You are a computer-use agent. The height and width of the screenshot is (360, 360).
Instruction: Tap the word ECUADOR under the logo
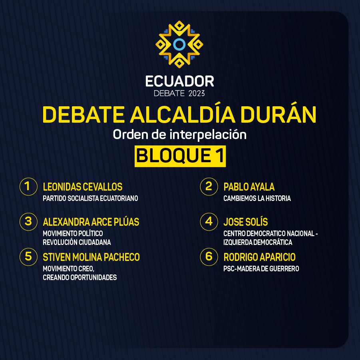pos(179,81)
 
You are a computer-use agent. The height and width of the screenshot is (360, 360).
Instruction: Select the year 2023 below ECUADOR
pos(196,93)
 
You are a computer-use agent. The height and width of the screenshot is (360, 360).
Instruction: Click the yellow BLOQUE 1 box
pos(180,156)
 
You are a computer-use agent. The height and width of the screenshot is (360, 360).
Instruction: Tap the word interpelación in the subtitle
pos(208,135)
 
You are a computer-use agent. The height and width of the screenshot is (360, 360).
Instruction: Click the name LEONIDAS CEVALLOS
pos(83,187)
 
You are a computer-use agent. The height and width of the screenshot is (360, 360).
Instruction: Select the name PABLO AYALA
pos(249,187)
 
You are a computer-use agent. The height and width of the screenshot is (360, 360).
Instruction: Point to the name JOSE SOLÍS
pos(246,222)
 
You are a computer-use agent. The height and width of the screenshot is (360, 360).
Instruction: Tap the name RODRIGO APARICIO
pos(259,257)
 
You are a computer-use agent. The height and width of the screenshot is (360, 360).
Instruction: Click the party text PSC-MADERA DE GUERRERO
pos(261,269)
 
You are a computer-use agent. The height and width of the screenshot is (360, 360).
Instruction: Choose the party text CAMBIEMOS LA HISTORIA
pos(257,198)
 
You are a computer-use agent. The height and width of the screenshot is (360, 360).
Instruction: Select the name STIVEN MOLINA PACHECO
pos(91,257)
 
